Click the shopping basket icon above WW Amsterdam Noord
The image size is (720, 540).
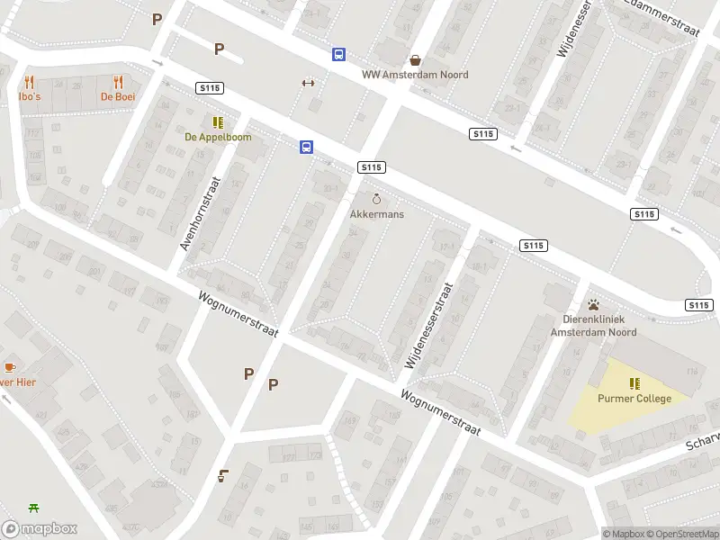coord(415,60)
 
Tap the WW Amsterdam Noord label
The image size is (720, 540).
coord(415,75)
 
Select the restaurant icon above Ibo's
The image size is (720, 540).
coord(29,82)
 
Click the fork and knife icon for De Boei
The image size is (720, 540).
coord(118,82)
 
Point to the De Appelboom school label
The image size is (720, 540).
coord(218,137)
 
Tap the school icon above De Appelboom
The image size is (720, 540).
coord(218,122)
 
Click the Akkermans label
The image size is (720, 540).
coord(377,214)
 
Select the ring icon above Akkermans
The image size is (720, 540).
coord(377,199)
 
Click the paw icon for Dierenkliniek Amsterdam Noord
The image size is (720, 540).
coord(594,305)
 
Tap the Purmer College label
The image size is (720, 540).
coord(634,399)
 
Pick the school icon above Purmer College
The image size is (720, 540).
coord(634,384)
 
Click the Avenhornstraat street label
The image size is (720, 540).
coord(200,212)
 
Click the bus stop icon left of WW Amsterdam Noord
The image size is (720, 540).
coord(338,55)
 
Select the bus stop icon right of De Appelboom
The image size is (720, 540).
coord(307,148)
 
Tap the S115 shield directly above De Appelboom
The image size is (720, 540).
coord(210,87)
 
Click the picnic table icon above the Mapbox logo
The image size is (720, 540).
coord(34,508)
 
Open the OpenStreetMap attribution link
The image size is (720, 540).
coord(683,534)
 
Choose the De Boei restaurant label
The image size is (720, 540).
coord(118,96)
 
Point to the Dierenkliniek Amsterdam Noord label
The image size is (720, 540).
coord(594,326)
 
